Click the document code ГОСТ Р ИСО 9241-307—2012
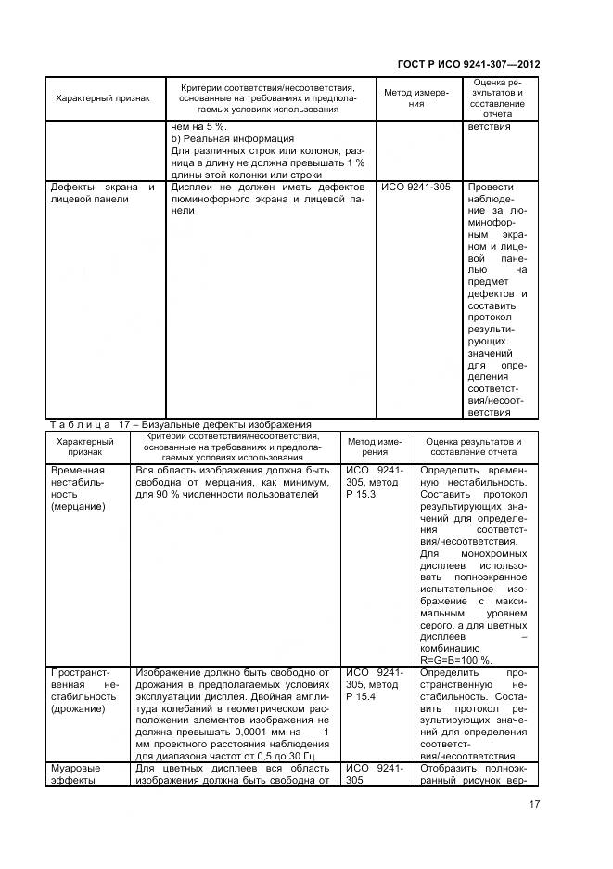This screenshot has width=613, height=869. [468, 65]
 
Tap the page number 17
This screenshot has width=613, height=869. [535, 805]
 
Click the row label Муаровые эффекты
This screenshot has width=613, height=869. [75, 774]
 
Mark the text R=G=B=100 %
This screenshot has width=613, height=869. [457, 660]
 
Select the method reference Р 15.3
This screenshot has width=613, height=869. [362, 495]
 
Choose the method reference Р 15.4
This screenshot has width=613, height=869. [362, 696]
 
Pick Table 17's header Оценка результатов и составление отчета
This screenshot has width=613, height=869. [473, 447]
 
